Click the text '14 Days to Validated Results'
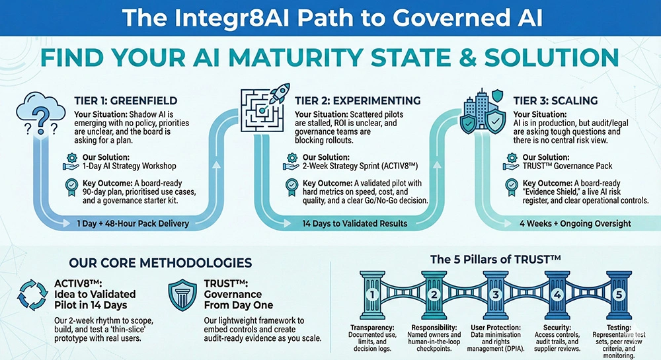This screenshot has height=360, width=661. [x=355, y=223]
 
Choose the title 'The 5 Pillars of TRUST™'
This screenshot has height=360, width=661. [x=495, y=259]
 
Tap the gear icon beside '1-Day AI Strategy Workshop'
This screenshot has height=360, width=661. [x=71, y=159]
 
